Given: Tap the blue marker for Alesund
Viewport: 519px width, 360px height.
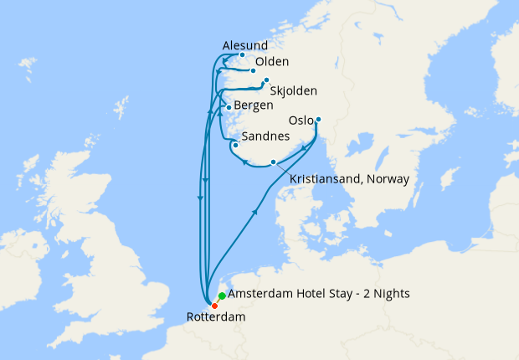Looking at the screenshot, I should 243,56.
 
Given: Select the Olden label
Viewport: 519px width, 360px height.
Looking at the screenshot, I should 272,62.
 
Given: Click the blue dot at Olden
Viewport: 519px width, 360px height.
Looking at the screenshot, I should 253,71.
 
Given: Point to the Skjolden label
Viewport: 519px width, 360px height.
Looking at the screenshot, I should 295,90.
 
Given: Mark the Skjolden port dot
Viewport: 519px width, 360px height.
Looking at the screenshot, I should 266,80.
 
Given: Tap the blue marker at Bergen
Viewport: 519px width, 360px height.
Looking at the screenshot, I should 229,108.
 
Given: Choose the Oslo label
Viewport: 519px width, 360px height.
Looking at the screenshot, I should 302,121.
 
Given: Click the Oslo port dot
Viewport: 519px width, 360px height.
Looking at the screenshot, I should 318,120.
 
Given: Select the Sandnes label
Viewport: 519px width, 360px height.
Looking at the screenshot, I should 265,136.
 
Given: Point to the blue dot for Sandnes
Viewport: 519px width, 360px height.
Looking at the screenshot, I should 236,145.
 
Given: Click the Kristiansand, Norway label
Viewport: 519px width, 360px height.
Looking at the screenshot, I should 348,179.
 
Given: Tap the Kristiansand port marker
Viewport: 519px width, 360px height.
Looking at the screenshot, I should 273,162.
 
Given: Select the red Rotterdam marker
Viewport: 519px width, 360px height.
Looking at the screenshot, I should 214,305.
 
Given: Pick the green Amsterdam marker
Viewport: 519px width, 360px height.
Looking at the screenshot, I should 221,296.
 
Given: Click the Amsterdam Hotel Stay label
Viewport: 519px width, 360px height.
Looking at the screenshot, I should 306,296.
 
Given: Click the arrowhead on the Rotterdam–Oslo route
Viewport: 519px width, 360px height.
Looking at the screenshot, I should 254,213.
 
